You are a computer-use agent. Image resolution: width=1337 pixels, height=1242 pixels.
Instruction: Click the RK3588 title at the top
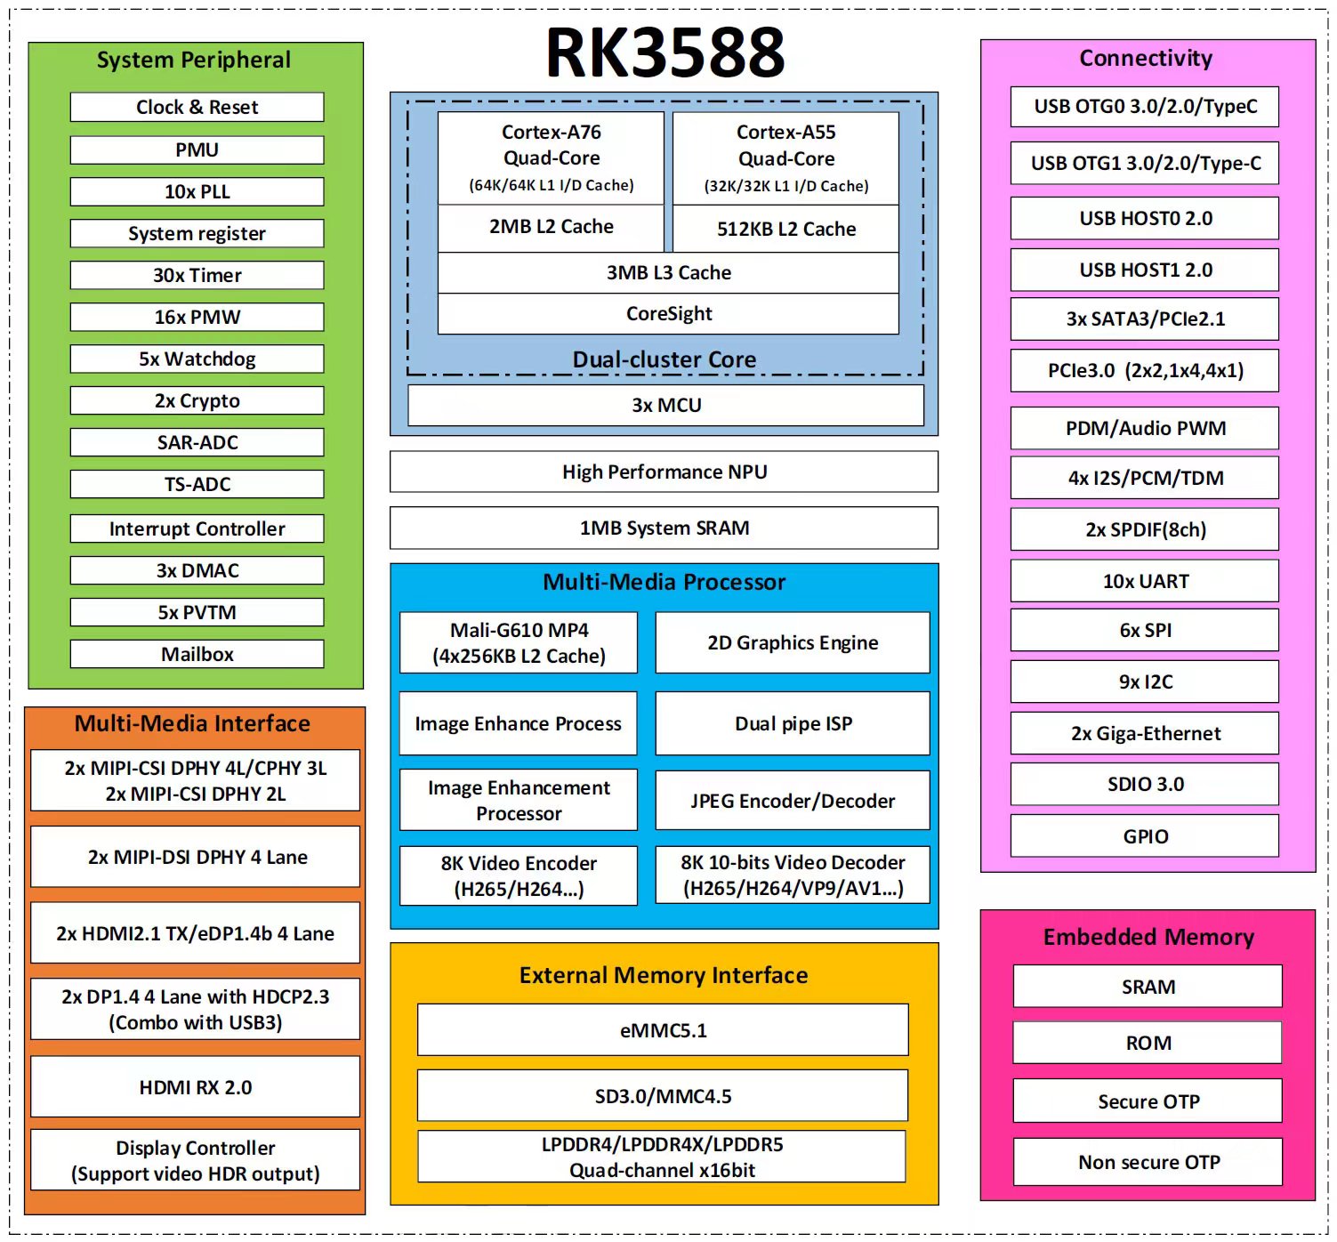(x=664, y=52)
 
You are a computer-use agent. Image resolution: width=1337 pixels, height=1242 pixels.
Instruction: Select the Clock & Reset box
(x=197, y=107)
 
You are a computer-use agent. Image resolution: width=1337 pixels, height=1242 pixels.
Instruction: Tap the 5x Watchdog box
(x=197, y=359)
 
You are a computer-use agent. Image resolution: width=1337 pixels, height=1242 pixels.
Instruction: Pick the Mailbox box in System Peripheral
(x=197, y=654)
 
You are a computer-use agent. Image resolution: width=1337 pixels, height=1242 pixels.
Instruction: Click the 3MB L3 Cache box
(x=668, y=272)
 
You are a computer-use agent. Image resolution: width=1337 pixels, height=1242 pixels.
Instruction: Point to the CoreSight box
(x=668, y=313)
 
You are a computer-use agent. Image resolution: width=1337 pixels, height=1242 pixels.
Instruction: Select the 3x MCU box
(x=665, y=405)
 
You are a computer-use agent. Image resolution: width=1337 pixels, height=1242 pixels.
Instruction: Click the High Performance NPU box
(x=664, y=472)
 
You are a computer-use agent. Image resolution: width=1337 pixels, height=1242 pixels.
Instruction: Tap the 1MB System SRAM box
(x=664, y=528)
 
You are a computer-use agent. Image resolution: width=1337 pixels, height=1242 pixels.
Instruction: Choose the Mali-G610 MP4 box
(x=519, y=642)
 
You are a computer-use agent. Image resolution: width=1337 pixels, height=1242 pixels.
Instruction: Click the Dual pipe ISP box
(x=793, y=723)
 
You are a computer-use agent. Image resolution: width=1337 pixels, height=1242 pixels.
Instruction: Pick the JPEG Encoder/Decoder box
(x=793, y=801)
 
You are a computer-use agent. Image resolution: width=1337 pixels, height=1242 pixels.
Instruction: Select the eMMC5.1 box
(x=663, y=1030)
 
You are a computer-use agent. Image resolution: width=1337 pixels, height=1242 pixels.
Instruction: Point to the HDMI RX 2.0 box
(x=195, y=1087)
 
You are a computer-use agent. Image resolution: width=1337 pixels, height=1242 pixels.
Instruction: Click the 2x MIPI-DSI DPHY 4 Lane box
(x=197, y=857)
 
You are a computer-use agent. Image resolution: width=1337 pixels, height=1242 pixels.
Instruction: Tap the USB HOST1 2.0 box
(x=1145, y=270)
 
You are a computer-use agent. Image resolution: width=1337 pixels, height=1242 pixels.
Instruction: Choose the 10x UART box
(x=1145, y=581)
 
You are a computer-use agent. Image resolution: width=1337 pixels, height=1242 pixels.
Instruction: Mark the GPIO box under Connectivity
(x=1145, y=836)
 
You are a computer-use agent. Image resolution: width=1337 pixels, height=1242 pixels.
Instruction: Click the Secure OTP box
(x=1148, y=1101)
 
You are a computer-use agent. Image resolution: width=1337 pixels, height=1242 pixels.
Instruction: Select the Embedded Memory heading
(x=1148, y=937)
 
